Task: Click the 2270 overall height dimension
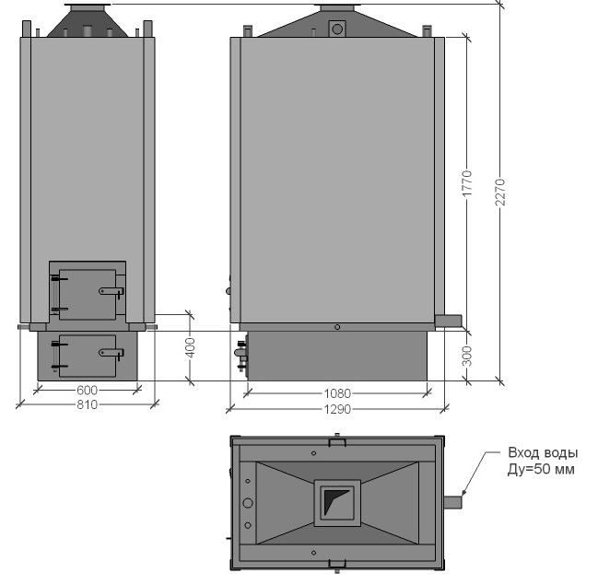click(x=500, y=193)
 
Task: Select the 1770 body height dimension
click(x=467, y=184)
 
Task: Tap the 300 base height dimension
click(x=467, y=356)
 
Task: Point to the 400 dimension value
click(x=191, y=348)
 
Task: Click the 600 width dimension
click(x=88, y=390)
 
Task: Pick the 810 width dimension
click(x=88, y=404)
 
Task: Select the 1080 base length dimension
click(x=337, y=393)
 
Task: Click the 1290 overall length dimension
click(x=337, y=409)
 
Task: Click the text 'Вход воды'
click(x=543, y=452)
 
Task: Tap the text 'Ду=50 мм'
click(x=541, y=469)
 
